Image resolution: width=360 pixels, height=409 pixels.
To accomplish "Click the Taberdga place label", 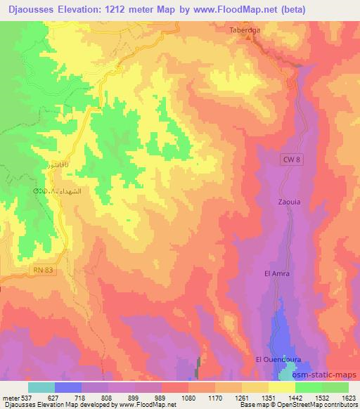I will pos(244,30).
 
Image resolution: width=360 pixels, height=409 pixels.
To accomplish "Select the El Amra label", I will pos(276,273).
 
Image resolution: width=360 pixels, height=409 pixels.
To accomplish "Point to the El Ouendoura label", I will pos(278,359).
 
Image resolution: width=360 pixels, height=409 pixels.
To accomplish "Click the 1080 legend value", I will pos(188,398).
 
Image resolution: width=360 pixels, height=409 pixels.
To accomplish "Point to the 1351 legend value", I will pos(268,398).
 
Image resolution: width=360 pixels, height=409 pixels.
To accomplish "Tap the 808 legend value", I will pos(109,398).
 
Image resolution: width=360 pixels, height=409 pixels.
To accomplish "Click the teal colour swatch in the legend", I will pos(41,387).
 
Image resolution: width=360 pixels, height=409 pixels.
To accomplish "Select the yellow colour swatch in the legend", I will pos(282,387).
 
